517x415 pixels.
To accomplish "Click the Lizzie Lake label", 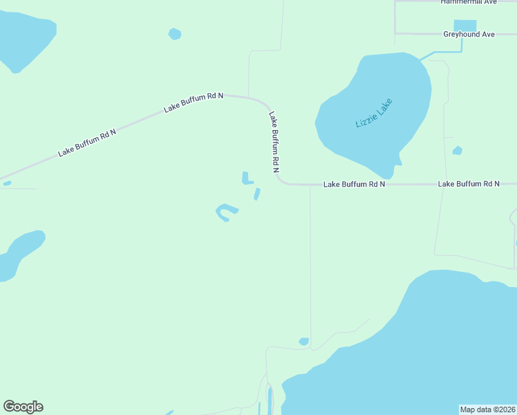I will (x=373, y=113).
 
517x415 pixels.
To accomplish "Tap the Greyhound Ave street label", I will (x=469, y=33).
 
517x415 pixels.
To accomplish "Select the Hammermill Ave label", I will (x=469, y=2).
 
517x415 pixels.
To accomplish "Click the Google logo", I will (x=23, y=407).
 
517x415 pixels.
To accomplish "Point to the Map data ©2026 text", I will (x=488, y=409).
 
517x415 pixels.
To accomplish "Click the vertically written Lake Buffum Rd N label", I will (x=274, y=141).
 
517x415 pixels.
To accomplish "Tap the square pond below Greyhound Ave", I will (x=464, y=26).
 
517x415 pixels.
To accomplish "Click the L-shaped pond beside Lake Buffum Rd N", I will (x=246, y=178).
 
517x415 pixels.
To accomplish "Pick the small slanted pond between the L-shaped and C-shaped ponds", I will (x=257, y=194).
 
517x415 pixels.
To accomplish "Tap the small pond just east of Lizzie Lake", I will (x=457, y=150).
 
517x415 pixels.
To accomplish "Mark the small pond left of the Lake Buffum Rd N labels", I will (x=7, y=183).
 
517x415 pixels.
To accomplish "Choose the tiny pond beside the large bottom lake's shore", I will (x=303, y=341).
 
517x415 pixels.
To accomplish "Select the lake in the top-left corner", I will (x=24, y=38).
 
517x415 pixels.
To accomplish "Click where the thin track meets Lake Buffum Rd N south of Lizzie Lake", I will (x=310, y=185).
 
